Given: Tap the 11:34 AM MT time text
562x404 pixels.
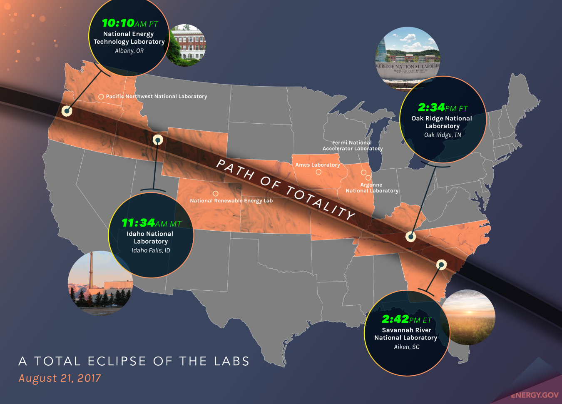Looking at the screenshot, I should point(151,223).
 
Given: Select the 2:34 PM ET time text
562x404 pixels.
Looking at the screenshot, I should point(443,108).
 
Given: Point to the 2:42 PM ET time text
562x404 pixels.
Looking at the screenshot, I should point(406,319).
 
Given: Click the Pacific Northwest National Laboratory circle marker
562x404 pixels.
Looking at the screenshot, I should point(101,97).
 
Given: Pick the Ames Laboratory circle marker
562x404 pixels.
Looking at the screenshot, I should point(318,172).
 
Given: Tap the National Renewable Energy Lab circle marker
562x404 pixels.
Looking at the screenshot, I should point(216,194).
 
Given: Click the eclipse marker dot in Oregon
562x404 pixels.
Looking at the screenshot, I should point(67,111).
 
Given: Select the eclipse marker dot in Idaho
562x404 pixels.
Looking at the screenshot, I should point(157,140).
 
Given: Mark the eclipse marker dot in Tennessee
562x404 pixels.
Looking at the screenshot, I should point(411,237).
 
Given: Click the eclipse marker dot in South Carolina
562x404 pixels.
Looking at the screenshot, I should point(441,264).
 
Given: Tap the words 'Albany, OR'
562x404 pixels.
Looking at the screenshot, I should point(129,51).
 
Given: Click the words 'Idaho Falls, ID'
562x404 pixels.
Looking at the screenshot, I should point(151,250).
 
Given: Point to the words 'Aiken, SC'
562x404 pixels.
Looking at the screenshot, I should point(407,347).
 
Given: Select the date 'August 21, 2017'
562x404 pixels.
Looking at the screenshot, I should point(60,378).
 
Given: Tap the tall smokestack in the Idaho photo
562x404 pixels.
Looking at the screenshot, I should point(91,271).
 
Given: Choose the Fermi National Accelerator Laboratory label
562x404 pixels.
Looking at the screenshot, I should point(352,145).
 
